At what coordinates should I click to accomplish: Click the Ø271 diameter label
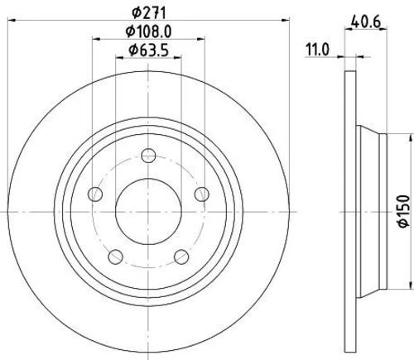148,12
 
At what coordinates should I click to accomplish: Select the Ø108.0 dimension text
148,31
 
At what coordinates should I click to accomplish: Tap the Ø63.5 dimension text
148,50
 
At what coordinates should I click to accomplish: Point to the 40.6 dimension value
366,22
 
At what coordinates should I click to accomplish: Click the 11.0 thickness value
317,50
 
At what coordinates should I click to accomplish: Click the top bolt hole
148,156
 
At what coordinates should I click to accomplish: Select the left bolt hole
95,194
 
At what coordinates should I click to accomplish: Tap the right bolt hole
202,194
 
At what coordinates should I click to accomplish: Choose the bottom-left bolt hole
115,257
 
